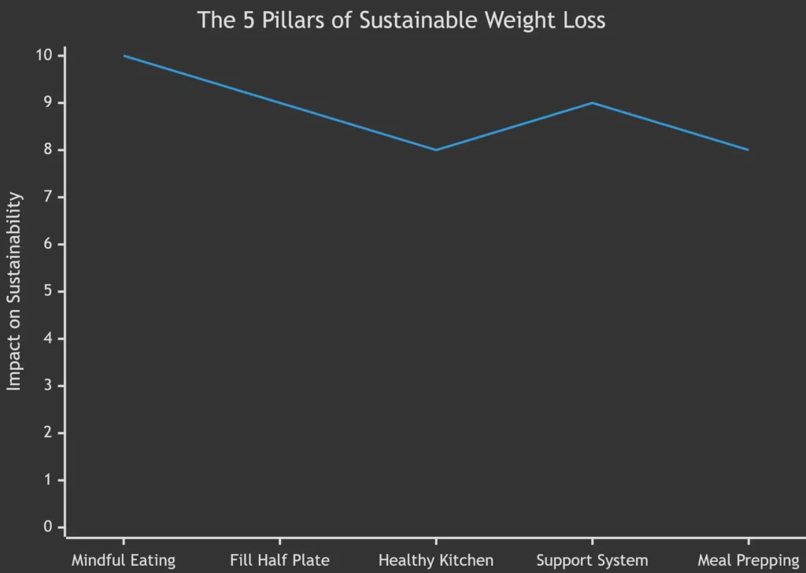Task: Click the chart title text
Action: (x=401, y=20)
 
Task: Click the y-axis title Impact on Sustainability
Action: (x=15, y=291)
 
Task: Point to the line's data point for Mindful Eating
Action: (x=124, y=56)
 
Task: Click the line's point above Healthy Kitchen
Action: (x=435, y=150)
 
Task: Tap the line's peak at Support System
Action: (x=592, y=102)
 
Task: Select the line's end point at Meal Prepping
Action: (x=748, y=150)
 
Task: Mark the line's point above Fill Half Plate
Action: (x=279, y=102)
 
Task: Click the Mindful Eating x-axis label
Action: (x=124, y=560)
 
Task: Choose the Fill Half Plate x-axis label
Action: (x=279, y=560)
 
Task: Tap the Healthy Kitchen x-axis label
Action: (x=435, y=560)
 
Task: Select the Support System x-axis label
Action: (x=592, y=560)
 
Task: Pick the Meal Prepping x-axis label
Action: (x=748, y=560)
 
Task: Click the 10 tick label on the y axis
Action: (x=44, y=55)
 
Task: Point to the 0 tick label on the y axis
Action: (x=49, y=527)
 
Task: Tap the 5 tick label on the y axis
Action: (x=49, y=291)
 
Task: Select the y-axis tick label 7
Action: (x=49, y=197)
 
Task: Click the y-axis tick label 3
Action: (x=49, y=385)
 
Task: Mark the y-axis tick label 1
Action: (x=49, y=479)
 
